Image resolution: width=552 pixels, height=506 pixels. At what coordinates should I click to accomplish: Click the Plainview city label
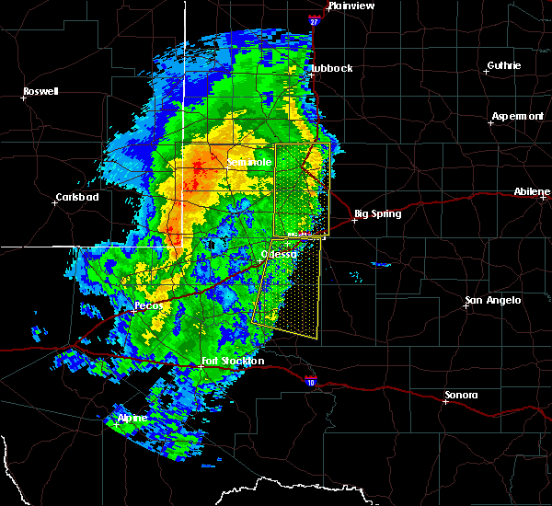351,6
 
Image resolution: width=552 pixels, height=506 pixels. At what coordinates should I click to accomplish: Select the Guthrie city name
503,65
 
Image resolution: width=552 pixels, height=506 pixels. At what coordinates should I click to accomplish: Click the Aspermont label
517,116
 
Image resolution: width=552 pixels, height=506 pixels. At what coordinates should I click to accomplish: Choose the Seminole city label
249,162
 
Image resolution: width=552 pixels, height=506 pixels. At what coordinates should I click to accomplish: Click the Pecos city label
148,305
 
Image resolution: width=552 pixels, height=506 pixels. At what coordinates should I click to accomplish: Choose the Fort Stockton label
233,361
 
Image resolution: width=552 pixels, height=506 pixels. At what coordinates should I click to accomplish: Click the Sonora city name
461,395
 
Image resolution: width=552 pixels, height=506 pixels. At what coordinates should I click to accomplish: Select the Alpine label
132,418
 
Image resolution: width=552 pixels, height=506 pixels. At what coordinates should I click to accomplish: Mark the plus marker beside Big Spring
354,220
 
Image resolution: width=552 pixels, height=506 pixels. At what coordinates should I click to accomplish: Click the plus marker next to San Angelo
466,306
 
